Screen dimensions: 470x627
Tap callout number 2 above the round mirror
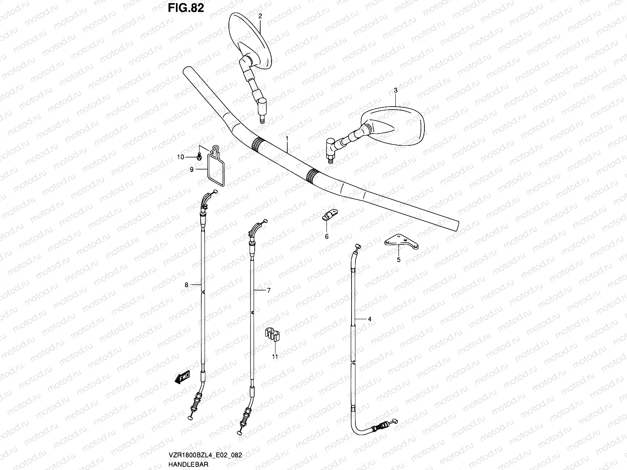(x=260, y=16)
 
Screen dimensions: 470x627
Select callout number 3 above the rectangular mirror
(x=395, y=90)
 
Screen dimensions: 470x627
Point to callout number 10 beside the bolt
(x=180, y=157)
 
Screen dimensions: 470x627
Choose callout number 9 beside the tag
(x=192, y=170)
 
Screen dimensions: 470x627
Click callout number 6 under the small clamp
(x=326, y=236)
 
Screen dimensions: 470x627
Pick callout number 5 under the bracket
(x=399, y=259)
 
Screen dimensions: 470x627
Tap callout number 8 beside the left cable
(x=187, y=285)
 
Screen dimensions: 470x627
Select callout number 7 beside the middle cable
(x=269, y=291)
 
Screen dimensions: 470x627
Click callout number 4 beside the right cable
(x=369, y=319)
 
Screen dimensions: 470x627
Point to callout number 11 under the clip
(x=275, y=356)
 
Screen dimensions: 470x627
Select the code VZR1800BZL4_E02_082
(x=206, y=456)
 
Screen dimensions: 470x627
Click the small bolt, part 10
(x=199, y=156)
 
